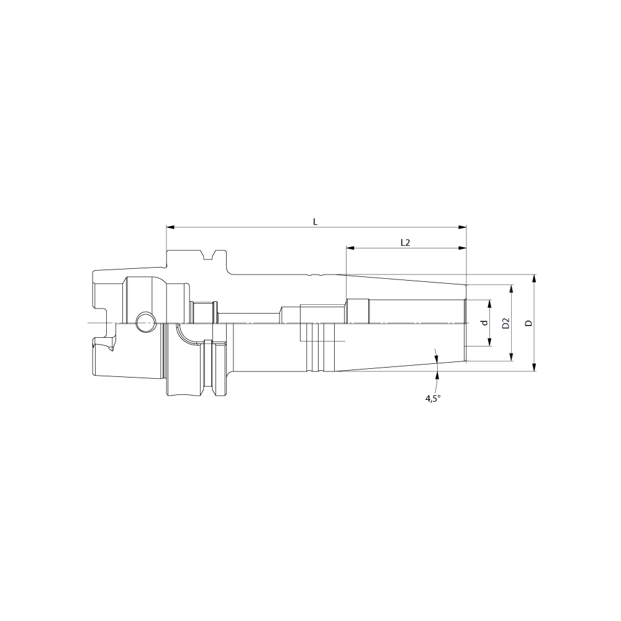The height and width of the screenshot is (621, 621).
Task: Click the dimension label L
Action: point(315,222)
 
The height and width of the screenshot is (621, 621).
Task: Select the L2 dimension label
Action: point(405,242)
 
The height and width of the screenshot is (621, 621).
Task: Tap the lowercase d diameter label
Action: point(484,323)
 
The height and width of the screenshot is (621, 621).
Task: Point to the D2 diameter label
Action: point(505,323)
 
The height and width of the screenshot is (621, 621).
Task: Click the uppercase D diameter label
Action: point(528,323)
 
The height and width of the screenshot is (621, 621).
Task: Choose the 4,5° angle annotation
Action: point(433,399)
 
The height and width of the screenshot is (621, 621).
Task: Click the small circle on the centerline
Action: point(145,322)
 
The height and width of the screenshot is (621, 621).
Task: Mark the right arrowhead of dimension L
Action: point(462,227)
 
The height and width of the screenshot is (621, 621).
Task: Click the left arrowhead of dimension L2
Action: point(350,248)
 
